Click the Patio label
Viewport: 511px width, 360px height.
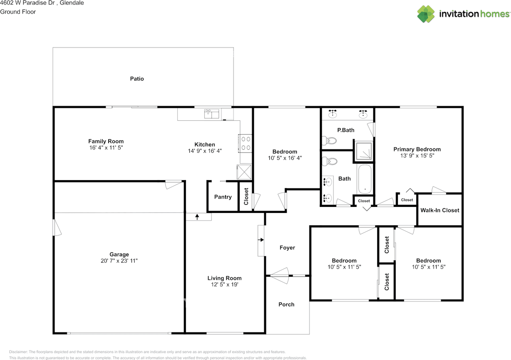click(x=137, y=79)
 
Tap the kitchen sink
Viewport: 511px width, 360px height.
click(x=212, y=114)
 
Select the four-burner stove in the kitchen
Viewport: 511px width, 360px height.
click(x=246, y=143)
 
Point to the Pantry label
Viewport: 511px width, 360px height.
click(x=223, y=197)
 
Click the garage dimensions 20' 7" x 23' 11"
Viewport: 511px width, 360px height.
click(x=119, y=261)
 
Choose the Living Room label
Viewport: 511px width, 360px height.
click(x=224, y=278)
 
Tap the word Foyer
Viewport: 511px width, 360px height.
click(x=287, y=248)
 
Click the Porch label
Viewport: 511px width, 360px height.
click(x=286, y=304)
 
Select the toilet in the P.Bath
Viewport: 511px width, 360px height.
click(x=330, y=141)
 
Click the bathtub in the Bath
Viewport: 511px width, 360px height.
click(x=364, y=179)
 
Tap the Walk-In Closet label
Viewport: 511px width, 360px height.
click(x=440, y=210)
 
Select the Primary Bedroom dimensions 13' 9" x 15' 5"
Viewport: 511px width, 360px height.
click(x=417, y=156)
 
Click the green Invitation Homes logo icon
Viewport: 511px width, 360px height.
click(x=426, y=14)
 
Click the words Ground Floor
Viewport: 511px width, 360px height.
click(x=18, y=12)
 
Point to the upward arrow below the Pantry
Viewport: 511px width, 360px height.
click(x=197, y=217)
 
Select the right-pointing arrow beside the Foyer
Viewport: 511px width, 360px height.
click(x=261, y=240)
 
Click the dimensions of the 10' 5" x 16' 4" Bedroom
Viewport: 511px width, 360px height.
click(x=285, y=158)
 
